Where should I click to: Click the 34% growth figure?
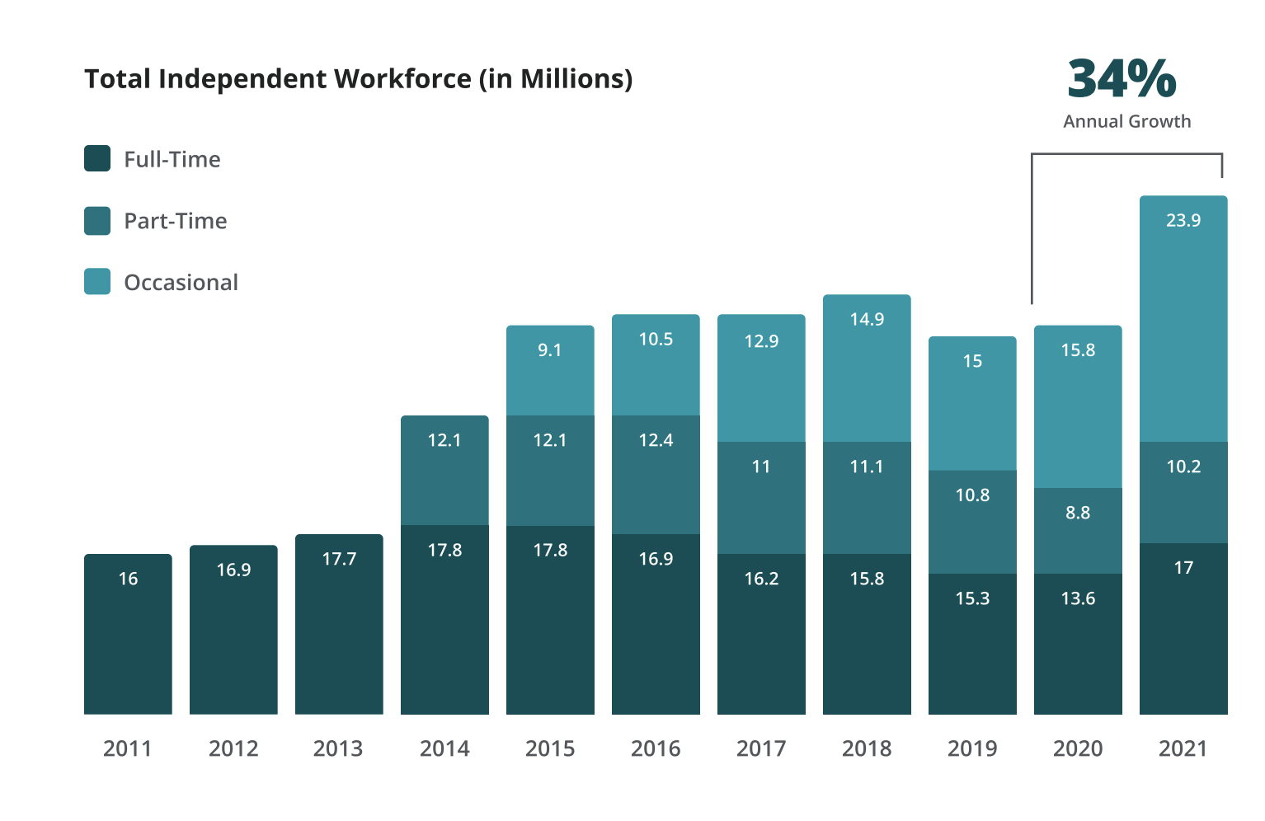tap(1122, 79)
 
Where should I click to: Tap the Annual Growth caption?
tap(1126, 121)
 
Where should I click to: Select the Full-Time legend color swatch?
tap(97, 158)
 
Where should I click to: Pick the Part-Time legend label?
tap(175, 221)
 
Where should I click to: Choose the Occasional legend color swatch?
tap(97, 282)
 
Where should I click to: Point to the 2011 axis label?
tap(128, 748)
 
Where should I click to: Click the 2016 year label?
tap(656, 748)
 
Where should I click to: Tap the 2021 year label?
tap(1183, 748)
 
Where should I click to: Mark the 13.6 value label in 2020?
tap(1078, 598)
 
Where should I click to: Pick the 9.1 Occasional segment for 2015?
tap(550, 370)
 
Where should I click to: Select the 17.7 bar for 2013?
tap(339, 624)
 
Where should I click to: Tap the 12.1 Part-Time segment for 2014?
tap(444, 470)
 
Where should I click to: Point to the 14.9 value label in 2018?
tap(867, 319)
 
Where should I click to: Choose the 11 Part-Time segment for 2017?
tap(761, 497)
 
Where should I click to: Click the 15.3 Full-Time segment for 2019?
tap(972, 643)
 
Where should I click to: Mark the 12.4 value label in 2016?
tap(656, 440)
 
